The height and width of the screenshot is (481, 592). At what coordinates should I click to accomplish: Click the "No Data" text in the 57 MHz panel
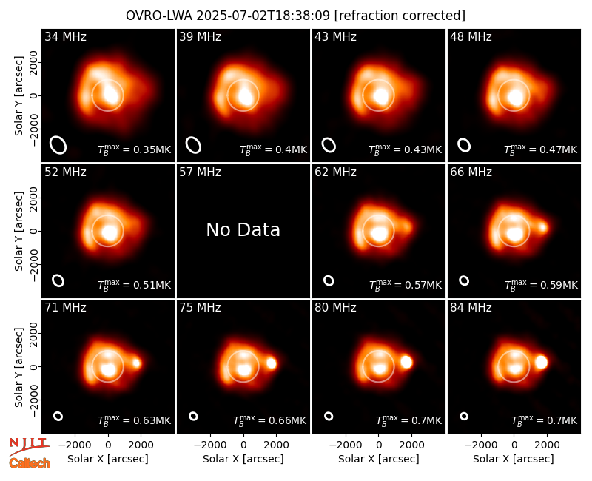pos(243,229)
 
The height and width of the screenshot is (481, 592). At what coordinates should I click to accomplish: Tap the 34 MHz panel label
pos(65,36)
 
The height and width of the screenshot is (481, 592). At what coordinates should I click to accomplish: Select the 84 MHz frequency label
pos(471,308)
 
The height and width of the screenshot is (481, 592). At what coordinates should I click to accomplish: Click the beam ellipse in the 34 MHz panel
pos(58,145)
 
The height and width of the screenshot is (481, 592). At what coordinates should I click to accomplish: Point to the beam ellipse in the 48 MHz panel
pos(464,145)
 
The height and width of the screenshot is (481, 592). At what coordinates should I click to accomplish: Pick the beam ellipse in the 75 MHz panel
pos(193,416)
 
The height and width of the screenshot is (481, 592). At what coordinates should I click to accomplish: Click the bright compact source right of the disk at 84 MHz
pos(541,362)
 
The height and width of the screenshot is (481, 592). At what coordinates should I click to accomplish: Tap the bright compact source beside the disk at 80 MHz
pos(406,362)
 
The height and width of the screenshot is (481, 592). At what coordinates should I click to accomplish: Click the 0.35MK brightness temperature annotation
pos(135,149)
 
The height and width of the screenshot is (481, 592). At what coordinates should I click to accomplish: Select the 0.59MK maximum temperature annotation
pos(541,285)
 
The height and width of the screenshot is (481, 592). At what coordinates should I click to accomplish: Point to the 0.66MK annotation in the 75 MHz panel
pos(269,420)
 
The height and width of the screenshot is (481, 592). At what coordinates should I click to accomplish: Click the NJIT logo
pos(29,445)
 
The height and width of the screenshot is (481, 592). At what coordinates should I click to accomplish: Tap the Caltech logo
pos(30,463)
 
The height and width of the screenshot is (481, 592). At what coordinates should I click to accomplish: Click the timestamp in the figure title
pos(263,16)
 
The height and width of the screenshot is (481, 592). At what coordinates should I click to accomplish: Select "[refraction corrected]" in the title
pos(400,16)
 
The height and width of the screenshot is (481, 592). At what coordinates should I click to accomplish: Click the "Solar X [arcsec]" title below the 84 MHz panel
pos(514,459)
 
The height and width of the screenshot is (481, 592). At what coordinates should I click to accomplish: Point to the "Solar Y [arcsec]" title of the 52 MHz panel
pos(19,231)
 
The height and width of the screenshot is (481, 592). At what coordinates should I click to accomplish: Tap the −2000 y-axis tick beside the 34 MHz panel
pos(35,129)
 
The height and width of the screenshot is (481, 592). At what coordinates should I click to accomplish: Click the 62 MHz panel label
pos(336,172)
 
